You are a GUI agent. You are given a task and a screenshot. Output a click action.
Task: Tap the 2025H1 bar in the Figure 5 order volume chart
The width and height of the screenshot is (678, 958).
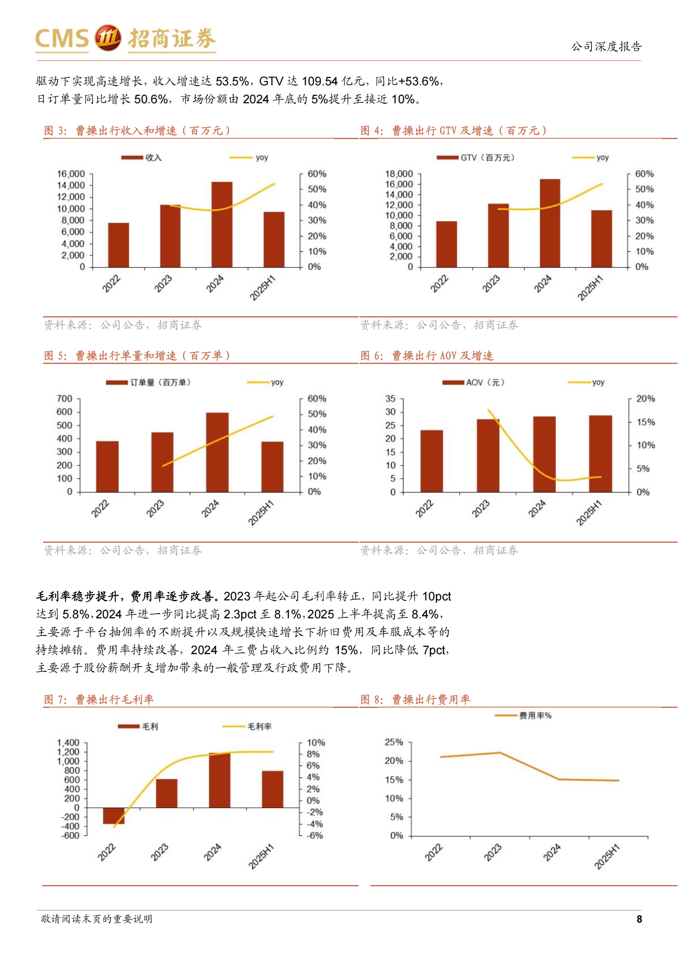point(272,467)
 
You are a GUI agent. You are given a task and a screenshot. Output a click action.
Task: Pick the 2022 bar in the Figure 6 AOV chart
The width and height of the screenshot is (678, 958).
point(431,461)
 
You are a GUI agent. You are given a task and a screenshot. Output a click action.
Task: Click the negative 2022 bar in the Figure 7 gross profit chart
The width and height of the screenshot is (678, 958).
point(114,815)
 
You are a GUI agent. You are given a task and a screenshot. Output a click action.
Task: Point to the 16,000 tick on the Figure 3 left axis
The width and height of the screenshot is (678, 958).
point(71,174)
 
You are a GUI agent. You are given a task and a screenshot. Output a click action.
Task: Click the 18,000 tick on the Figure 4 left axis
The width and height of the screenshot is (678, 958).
point(399,174)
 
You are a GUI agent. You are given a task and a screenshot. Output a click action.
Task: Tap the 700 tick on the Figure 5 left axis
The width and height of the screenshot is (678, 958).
point(64,399)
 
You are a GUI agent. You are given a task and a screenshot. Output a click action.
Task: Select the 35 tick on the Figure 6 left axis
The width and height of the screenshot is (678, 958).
point(390,399)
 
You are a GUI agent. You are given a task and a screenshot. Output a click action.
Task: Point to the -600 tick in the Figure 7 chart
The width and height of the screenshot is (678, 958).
point(70,836)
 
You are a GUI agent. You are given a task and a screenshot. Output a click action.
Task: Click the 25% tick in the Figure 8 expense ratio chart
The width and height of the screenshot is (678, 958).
point(394,742)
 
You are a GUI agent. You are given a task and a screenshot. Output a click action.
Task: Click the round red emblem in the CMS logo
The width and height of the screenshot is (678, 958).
point(108,38)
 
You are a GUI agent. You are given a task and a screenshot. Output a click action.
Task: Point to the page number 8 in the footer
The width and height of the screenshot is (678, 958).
point(639,919)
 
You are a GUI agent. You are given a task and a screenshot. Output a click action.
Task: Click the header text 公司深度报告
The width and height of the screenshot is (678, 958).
point(606,47)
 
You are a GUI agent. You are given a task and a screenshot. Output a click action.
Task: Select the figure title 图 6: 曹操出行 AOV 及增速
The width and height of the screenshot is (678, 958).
point(427,355)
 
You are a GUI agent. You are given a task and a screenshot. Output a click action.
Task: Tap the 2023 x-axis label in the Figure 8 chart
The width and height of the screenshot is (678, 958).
point(493,852)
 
